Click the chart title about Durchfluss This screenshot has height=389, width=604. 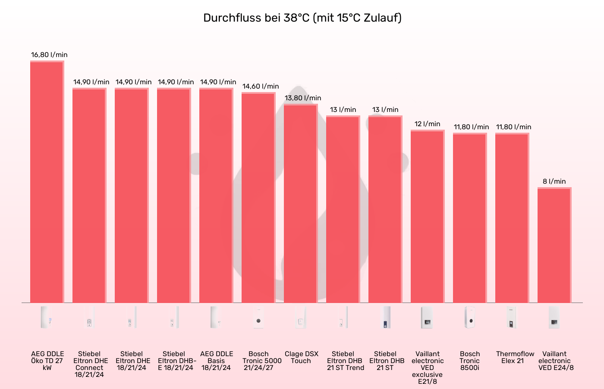point(302,18)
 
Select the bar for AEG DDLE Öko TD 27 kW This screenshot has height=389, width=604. point(47,182)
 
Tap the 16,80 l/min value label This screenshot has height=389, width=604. point(49,55)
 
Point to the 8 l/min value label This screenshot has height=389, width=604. point(554,182)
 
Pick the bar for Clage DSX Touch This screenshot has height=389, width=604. point(301,203)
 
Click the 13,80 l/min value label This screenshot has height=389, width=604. point(303,98)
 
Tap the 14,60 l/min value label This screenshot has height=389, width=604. point(261,86)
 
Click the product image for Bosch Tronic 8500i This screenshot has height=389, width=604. point(470,318)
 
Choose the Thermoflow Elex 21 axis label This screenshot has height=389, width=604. point(515,357)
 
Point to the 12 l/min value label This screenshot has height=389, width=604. point(428,124)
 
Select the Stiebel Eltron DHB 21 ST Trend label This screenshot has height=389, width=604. point(345,361)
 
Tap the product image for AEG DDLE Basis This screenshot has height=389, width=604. point(216,318)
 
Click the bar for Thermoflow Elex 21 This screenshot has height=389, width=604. point(512,218)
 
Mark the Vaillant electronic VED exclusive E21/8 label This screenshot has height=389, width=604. point(428,367)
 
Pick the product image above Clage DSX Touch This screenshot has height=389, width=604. point(301,318)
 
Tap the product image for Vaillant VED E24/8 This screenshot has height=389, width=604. point(554,318)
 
